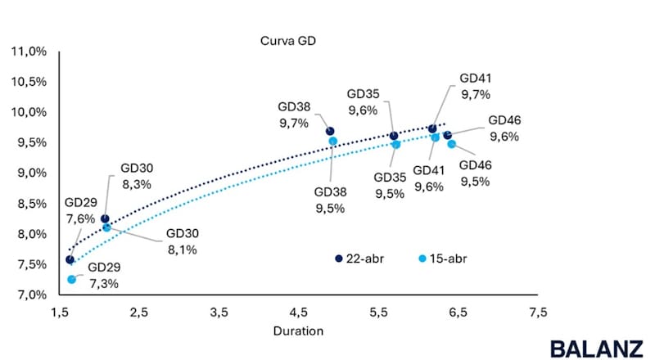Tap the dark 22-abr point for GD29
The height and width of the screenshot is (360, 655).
tap(70, 259)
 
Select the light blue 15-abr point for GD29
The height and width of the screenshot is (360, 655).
tap(72, 279)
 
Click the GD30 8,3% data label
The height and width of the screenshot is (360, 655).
tap(137, 176)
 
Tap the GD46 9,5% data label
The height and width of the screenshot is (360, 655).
tap(476, 173)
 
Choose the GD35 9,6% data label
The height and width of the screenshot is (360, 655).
tap(362, 102)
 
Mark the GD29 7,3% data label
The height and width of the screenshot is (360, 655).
tap(104, 275)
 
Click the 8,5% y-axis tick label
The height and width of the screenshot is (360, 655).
tap(30, 204)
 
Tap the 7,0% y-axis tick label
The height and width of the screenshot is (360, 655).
tap(30, 295)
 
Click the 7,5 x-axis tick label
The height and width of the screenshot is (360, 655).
tap(538, 313)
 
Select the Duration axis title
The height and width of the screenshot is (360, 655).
tap(298, 331)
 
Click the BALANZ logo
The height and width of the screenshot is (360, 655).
tap(596, 347)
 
